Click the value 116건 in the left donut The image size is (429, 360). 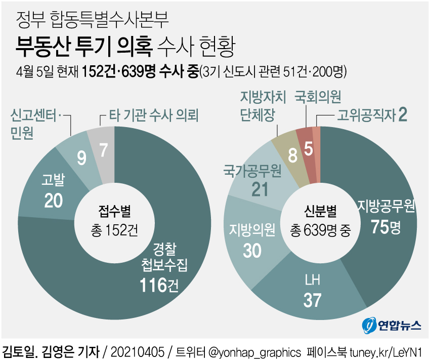point(160,286)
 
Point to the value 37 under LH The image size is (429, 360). point(312,300)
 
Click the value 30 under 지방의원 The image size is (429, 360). point(252,250)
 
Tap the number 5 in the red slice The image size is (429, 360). point(308,150)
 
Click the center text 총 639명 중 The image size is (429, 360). point(320,231)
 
